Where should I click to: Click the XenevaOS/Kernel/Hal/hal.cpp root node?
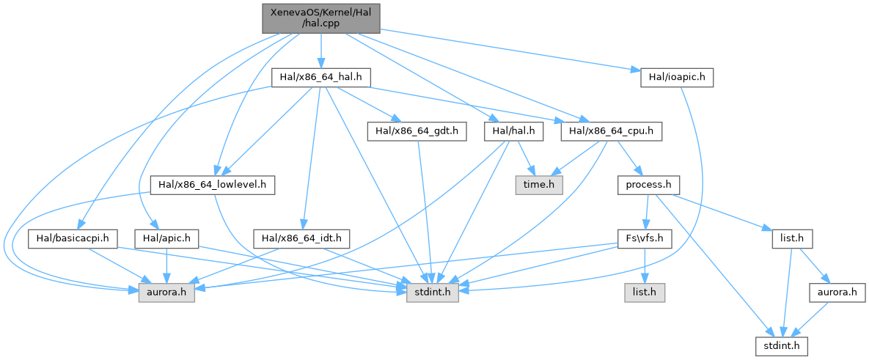[320, 18]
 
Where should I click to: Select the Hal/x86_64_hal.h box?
[321, 77]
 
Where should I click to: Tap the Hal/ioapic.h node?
[676, 77]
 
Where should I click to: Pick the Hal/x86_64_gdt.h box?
[416, 132]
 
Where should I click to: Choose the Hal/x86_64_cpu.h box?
[612, 132]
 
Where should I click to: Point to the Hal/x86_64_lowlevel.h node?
[212, 185]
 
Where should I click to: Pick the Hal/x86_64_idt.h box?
[301, 238]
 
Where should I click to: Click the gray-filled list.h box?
[645, 293]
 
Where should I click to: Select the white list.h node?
[792, 238]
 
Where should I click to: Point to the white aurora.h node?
[832, 293]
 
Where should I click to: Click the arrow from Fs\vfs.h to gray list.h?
[644, 265]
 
